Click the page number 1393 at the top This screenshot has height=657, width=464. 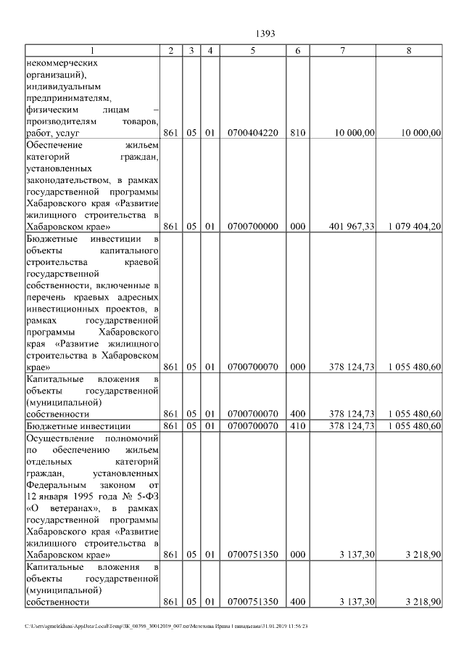point(266,33)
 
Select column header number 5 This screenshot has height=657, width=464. point(252,50)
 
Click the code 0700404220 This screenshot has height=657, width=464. point(252,133)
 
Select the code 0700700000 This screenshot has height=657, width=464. point(252,227)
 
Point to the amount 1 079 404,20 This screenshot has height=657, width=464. point(415,227)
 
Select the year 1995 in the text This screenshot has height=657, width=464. point(83,496)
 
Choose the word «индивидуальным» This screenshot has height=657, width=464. point(62,86)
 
